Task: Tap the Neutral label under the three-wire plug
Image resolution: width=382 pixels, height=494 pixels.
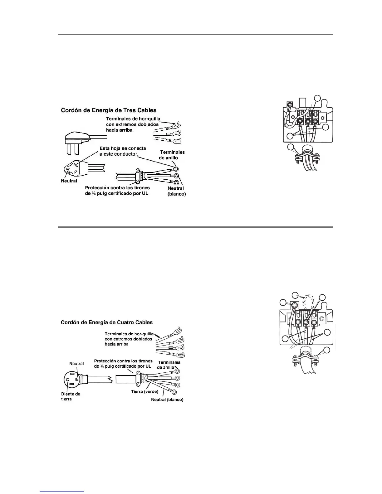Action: tap(69, 181)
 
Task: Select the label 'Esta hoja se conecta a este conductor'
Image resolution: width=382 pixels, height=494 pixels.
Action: tap(123, 151)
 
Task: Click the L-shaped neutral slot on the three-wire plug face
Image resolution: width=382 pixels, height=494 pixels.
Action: tap(68, 169)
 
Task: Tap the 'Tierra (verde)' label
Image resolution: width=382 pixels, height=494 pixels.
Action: tap(144, 391)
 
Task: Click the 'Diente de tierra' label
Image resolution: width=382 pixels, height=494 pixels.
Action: tap(71, 396)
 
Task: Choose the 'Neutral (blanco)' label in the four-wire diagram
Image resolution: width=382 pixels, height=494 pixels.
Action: tap(167, 400)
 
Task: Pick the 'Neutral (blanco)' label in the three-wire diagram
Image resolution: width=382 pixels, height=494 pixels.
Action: tap(176, 191)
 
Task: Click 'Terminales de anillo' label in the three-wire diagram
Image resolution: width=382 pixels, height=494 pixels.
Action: tap(172, 155)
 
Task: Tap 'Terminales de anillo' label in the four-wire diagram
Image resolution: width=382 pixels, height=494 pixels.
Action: tap(169, 365)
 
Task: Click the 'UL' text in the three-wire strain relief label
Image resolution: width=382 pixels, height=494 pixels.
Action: tap(145, 193)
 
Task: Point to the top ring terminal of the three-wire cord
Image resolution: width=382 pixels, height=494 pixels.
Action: tap(176, 169)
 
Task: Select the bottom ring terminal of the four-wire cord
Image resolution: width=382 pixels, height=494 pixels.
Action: tap(174, 392)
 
